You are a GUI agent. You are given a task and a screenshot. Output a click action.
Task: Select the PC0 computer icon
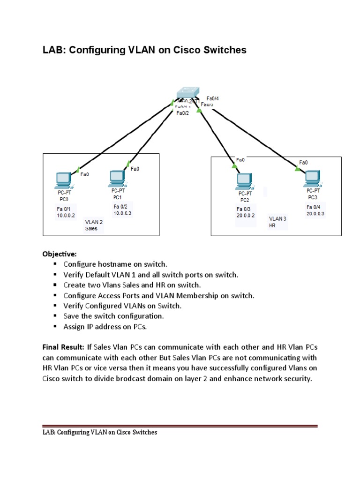tap(63, 179)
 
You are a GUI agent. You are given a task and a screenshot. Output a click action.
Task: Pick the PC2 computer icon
tap(245, 180)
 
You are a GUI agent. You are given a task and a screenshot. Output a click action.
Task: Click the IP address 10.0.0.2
tap(66, 216)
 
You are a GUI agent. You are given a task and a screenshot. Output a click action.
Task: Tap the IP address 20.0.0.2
tap(246, 216)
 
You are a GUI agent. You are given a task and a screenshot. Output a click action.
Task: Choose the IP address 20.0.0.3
tap(315, 213)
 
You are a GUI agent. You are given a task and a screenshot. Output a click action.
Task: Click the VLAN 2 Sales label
tap(94, 225)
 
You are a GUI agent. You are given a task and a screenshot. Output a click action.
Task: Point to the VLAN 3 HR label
tap(277, 222)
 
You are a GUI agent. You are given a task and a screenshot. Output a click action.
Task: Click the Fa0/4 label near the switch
tap(212, 98)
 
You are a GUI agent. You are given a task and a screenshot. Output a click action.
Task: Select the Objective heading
tap(59, 254)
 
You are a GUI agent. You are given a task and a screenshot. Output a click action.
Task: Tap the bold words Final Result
tap(63, 347)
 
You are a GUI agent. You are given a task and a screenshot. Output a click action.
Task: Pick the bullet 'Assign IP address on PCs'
tap(105, 326)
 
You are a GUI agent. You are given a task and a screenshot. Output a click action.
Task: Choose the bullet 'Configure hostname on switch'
tap(115, 264)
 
